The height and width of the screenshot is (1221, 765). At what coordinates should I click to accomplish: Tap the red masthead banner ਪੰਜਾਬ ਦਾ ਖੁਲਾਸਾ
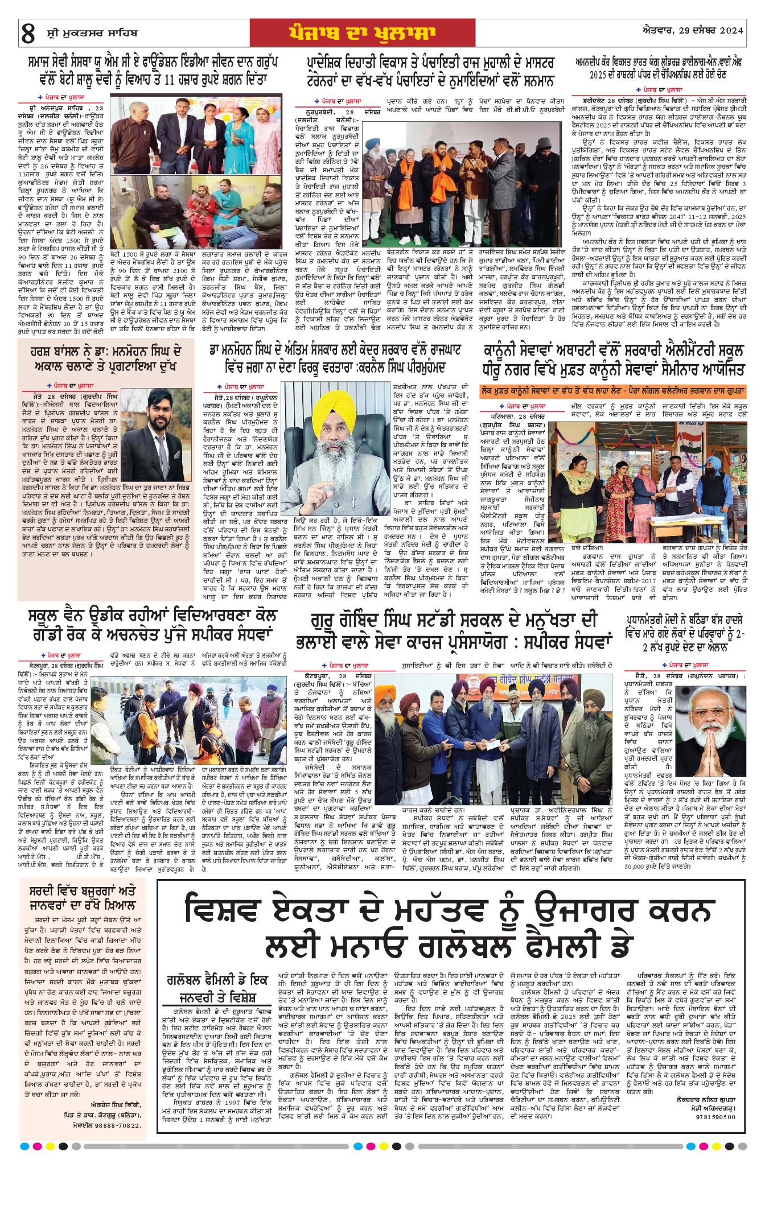point(362,33)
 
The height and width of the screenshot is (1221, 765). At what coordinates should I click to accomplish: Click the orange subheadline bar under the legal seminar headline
point(612,391)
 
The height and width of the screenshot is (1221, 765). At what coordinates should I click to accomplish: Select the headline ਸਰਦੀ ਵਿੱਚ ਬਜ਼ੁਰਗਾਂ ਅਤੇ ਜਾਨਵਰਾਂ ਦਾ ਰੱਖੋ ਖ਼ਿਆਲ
point(83,898)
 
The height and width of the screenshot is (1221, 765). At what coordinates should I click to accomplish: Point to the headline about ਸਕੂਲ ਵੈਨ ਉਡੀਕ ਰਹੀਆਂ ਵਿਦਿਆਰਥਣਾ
point(153,625)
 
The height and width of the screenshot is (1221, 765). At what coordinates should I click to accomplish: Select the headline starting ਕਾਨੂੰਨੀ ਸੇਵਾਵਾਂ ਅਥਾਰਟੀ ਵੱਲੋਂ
point(613,360)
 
